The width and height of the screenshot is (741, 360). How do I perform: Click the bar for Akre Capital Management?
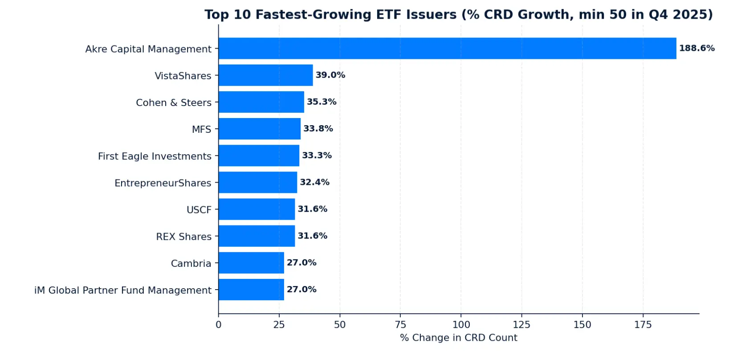[x=447, y=48]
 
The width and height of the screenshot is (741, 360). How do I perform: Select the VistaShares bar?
[x=266, y=75]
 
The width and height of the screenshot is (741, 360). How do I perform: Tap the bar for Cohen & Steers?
[x=261, y=102]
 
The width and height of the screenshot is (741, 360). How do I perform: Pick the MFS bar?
[x=260, y=129]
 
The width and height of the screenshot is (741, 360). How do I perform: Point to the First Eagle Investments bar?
[x=259, y=155]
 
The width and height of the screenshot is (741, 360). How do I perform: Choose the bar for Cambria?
[x=252, y=263]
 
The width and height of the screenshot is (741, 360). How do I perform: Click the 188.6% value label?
[x=697, y=48]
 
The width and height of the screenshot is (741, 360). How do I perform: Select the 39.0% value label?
[x=330, y=75]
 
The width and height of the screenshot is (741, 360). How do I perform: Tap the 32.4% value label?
[x=314, y=182]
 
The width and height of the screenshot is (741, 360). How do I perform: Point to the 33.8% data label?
[x=318, y=129]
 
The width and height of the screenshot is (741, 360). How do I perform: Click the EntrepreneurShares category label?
[x=163, y=183]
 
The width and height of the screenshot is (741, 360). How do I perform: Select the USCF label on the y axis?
[x=199, y=210]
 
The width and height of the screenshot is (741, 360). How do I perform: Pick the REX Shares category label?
[x=183, y=237]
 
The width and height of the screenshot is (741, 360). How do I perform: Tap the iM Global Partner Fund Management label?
[x=123, y=290]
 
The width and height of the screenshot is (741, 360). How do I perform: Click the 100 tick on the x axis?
[x=461, y=325]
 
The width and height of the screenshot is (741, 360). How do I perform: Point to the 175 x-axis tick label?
[x=643, y=325]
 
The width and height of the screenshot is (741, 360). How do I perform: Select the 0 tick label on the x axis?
[x=218, y=325]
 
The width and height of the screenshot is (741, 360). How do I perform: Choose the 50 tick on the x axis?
[x=340, y=325]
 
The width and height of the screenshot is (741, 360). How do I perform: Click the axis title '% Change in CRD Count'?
[x=459, y=338]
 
